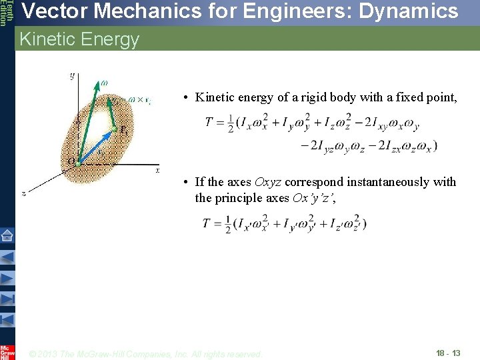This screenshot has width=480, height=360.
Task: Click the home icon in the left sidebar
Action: [x=7, y=235]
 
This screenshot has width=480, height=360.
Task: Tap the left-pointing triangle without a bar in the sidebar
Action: [x=7, y=257]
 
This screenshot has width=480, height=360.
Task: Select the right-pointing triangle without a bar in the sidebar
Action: [x=7, y=278]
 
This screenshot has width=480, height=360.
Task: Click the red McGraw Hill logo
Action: [x=7, y=351]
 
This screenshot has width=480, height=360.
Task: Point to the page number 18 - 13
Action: [x=447, y=353]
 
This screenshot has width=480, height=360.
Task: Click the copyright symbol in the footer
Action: [x=33, y=354]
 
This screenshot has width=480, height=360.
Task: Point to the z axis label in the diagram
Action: [x=23, y=193]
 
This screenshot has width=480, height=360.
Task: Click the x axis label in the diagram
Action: [x=157, y=171]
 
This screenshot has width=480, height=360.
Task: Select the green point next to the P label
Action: [x=114, y=129]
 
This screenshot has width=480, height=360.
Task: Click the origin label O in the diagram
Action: [x=71, y=161]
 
